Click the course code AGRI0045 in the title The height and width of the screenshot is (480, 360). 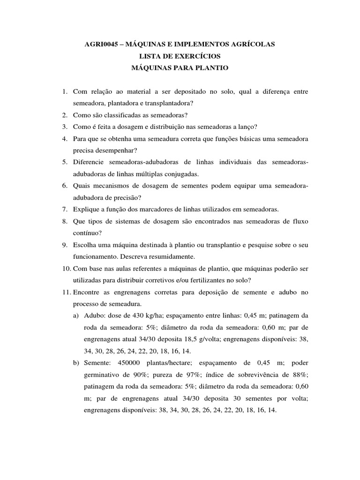coord(100,45)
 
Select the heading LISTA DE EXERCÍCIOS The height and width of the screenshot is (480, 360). coord(180,56)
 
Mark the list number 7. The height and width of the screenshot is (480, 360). coord(65,209)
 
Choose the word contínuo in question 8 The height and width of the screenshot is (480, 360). coord(86,232)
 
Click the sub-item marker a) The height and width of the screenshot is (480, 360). coord(75,315)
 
